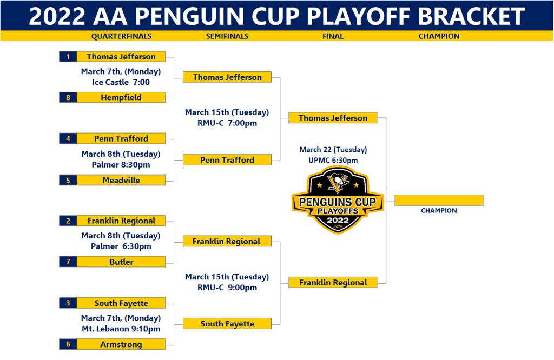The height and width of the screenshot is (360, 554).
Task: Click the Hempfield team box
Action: coord(121,98)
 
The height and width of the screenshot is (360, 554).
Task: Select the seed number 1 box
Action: coord(68,57)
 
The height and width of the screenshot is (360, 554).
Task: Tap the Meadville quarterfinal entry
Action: coord(121,181)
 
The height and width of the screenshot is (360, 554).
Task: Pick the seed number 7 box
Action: coord(68,262)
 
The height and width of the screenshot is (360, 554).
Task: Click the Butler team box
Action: coord(121,262)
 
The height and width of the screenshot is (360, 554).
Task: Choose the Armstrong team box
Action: coord(121,344)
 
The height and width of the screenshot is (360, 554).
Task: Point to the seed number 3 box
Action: coord(68,303)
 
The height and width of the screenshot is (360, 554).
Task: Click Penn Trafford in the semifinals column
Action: coord(227,160)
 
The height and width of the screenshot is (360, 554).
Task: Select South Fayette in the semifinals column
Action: coord(227,324)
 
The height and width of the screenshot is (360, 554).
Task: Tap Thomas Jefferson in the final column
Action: coord(333,118)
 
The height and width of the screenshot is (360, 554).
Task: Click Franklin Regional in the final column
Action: coord(333,283)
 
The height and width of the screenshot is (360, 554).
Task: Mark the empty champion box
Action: coord(439,201)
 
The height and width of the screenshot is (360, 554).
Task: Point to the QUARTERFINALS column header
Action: coord(121,36)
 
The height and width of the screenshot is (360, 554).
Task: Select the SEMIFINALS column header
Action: coord(227,36)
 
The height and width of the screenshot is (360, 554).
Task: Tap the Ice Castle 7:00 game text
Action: coord(121,83)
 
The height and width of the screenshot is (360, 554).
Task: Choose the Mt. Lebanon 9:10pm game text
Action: coord(121,329)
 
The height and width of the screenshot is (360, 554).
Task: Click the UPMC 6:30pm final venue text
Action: coord(333,161)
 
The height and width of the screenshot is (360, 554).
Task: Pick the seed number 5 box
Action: coord(68,181)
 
